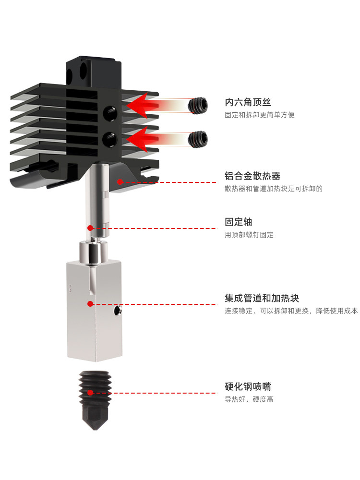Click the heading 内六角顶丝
coord(248,102)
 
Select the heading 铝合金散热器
coord(252,176)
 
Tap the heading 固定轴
coord(238,222)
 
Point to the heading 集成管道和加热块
coord(262,298)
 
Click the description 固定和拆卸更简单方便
coord(260,115)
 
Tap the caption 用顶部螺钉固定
coord(249,235)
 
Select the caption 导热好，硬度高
coord(249,399)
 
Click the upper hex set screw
coord(198,106)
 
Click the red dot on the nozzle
coord(90,393)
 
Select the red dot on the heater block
coord(90,303)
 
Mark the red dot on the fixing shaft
coord(90,228)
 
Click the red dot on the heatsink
coord(120,182)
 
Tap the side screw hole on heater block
coord(117,312)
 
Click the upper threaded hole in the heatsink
coord(110,113)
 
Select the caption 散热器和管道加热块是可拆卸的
coord(274,189)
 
